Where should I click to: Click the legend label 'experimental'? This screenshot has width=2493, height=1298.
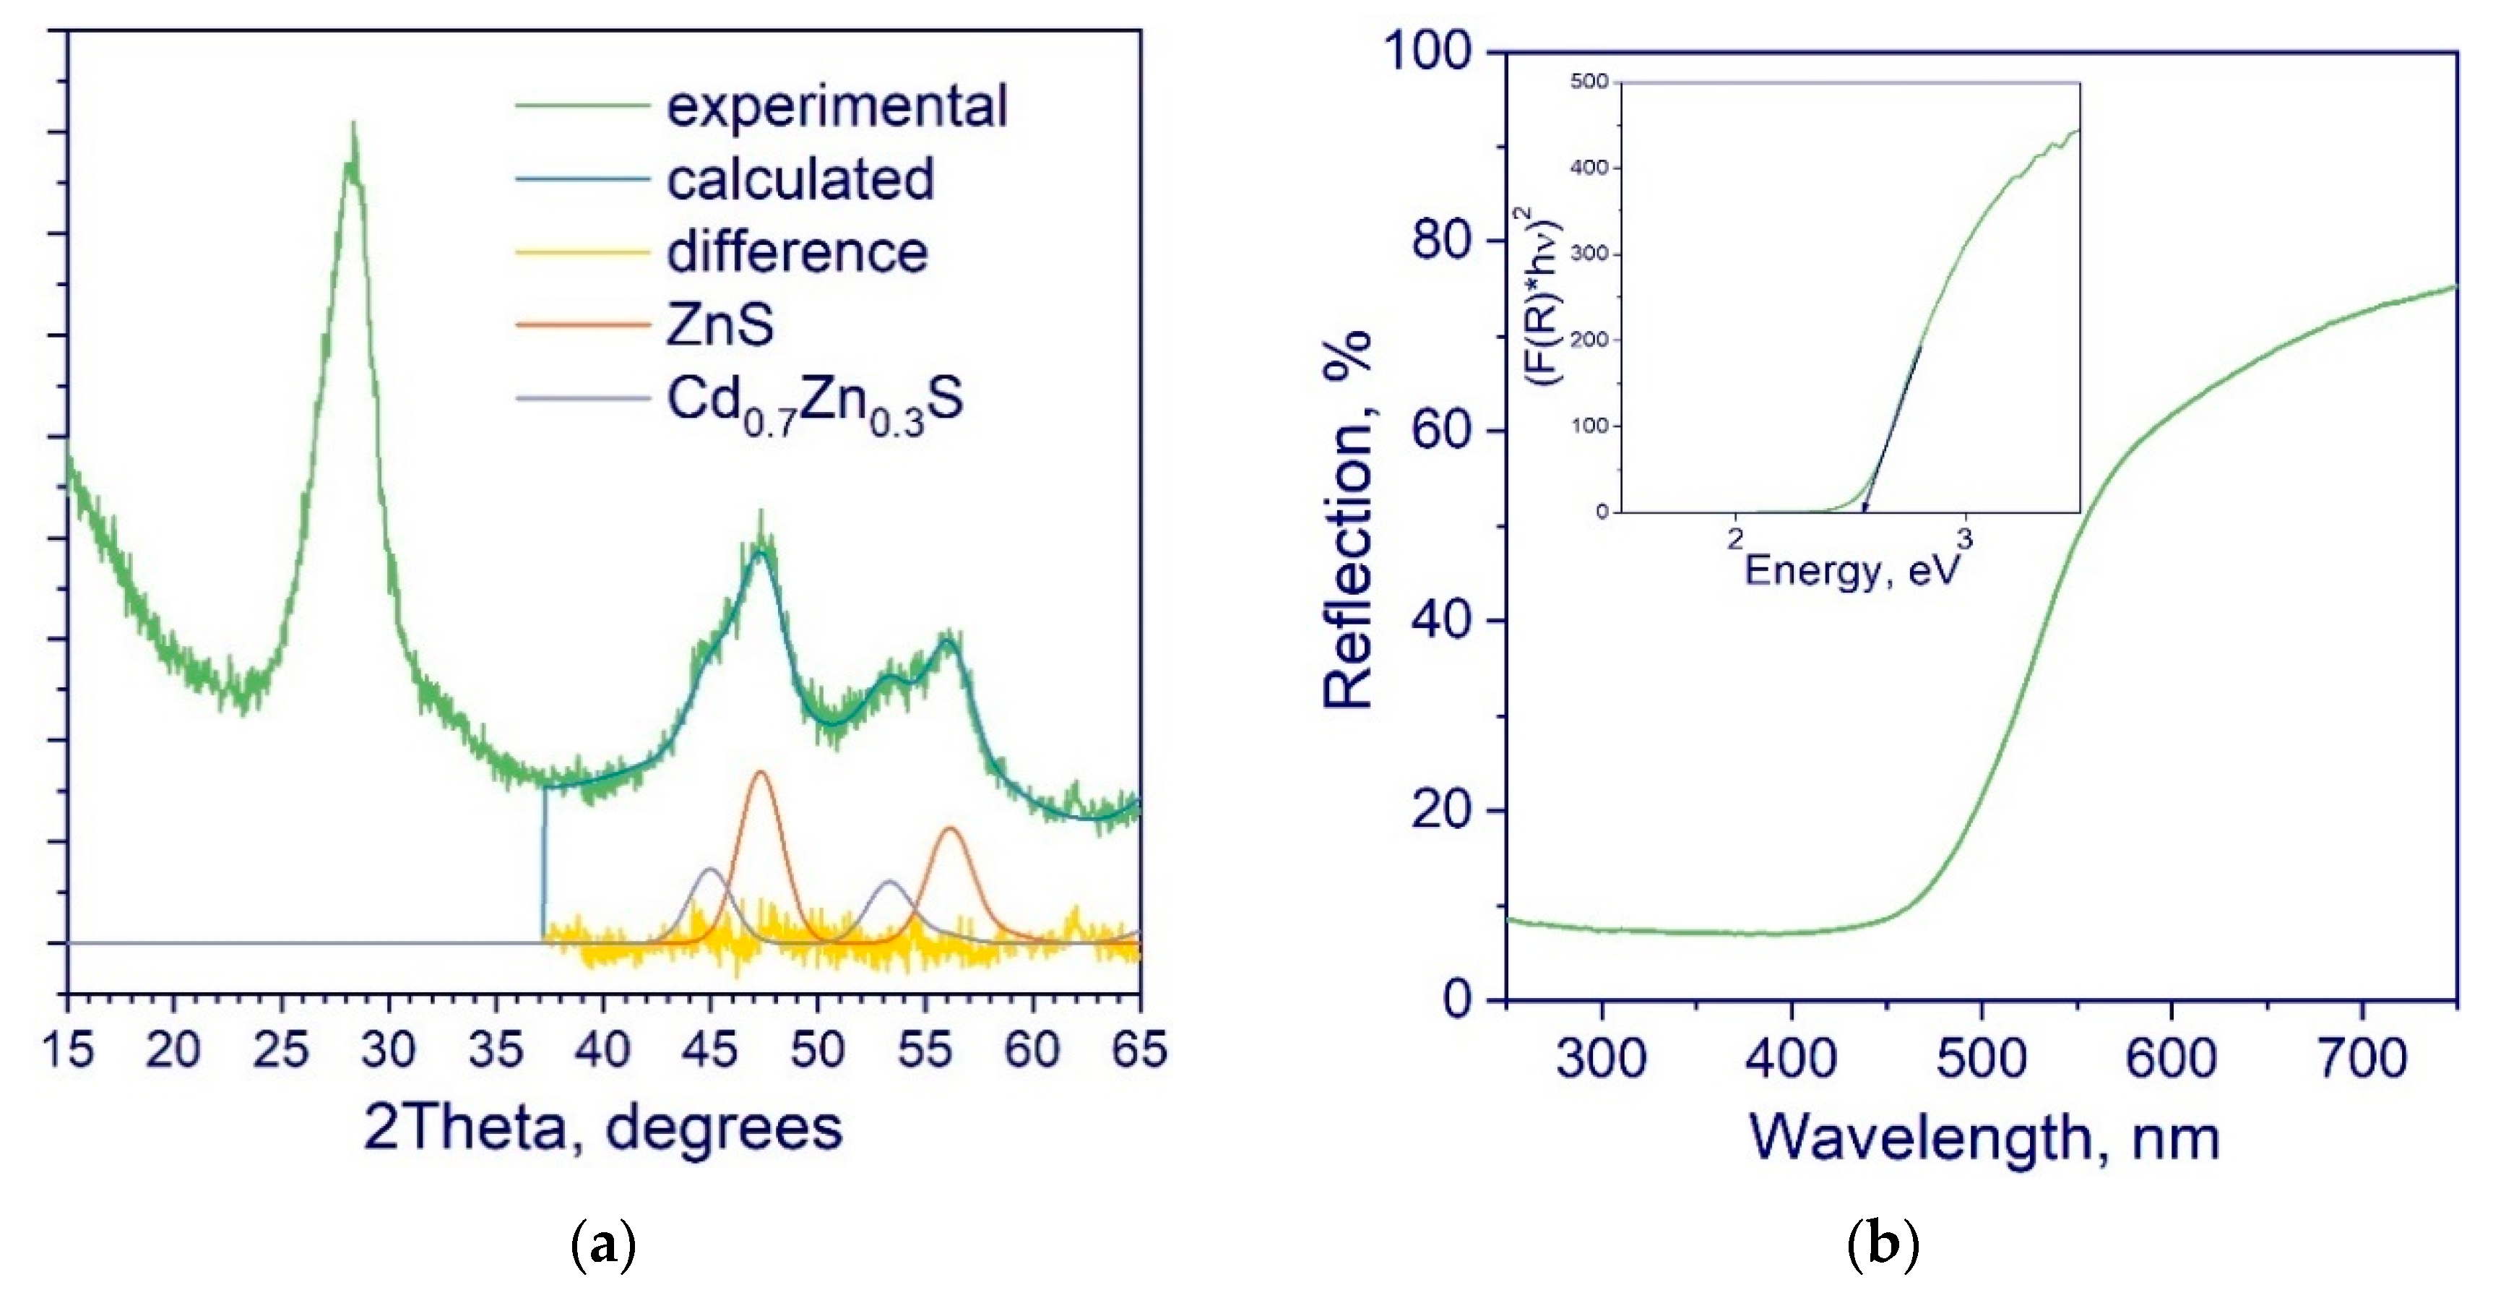836,106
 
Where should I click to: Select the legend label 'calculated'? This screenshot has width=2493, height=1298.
800,179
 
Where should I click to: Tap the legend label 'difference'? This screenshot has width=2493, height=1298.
797,253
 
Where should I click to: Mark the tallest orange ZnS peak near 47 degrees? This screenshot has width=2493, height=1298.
761,773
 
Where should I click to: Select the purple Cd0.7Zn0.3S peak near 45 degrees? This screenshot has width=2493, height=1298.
710,870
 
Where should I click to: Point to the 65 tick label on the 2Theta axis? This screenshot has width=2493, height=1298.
1138,1050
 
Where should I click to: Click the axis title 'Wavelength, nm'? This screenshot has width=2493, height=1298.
1983,1138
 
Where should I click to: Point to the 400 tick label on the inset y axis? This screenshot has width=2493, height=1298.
1588,168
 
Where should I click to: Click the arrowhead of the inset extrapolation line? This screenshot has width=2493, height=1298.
1865,506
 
